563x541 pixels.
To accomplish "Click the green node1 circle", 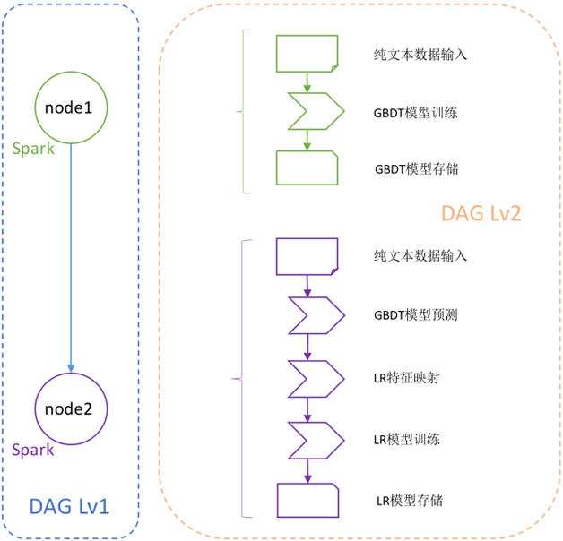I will (70, 107).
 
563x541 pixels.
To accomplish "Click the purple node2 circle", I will (70, 408).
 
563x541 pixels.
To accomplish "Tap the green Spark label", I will (33, 149).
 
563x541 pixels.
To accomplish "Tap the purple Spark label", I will (33, 449).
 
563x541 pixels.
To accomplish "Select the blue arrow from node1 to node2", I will (70, 260).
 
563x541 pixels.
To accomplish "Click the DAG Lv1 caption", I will (70, 507).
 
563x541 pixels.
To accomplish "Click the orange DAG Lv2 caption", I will (481, 213).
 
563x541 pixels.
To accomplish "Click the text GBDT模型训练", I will (416, 114).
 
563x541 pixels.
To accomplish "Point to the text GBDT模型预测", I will (416, 315).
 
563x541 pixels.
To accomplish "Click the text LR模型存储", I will (410, 500).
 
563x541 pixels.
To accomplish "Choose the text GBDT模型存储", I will (416, 168).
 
